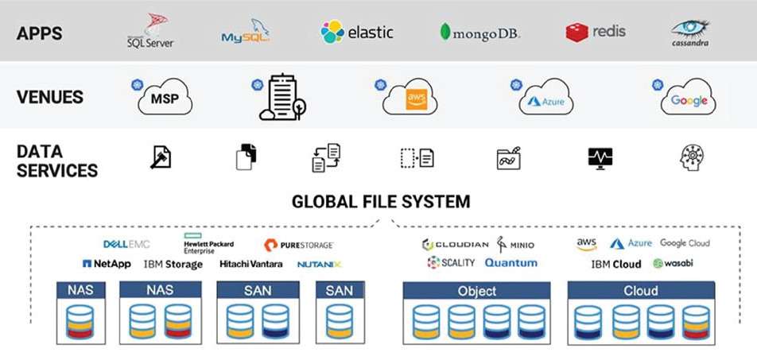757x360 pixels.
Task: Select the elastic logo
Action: point(357,32)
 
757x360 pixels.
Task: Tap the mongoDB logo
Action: point(479,33)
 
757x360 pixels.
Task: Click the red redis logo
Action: point(596,32)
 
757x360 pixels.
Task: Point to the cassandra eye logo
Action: point(689,32)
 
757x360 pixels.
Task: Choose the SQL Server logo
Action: point(150,31)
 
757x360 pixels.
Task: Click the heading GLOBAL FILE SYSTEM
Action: point(381,201)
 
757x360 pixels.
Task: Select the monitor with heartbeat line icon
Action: point(600,157)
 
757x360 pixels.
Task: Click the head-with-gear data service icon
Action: point(693,157)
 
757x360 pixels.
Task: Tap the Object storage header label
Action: point(477,291)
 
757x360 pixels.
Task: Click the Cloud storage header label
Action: point(640,291)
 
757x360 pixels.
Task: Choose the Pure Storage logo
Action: point(298,245)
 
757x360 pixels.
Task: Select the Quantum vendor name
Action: point(510,263)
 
